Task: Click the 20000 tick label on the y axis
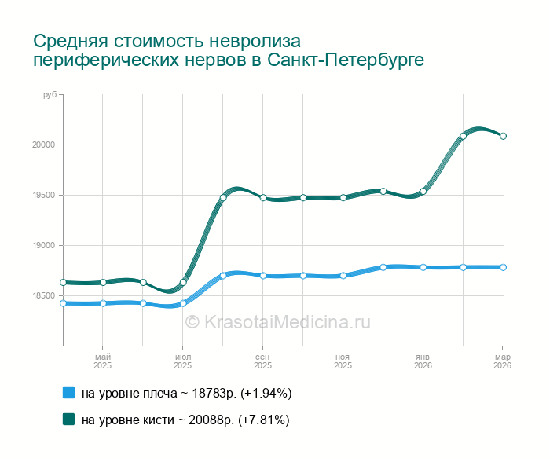coord(42,145)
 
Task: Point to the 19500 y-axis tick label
coord(42,196)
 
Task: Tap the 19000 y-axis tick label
coord(42,246)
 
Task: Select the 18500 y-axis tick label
coord(42,296)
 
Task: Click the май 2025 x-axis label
coord(102,361)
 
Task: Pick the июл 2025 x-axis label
coord(182,361)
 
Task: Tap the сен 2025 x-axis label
coord(262,361)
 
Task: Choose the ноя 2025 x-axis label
coord(343,361)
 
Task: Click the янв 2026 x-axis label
coord(423,361)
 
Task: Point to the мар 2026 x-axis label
coord(502,361)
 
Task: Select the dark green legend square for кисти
coord(68,420)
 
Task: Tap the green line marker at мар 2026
coord(503,136)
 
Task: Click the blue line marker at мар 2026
coord(503,267)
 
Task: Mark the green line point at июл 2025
coord(183,282)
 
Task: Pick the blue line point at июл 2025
coord(183,303)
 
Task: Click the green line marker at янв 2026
coord(423,192)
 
